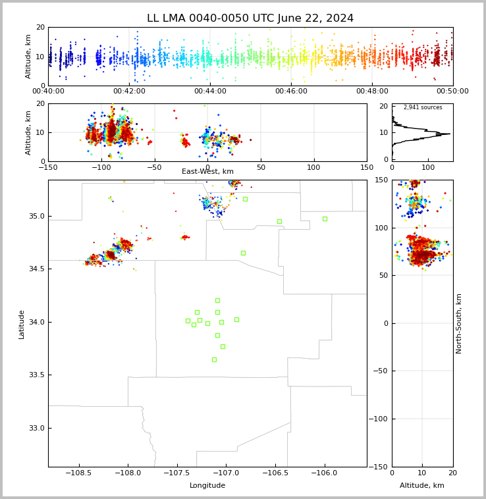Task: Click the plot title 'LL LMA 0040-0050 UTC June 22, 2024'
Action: click(x=250, y=18)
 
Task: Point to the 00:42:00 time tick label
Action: click(x=129, y=91)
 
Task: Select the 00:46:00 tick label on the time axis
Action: click(x=291, y=91)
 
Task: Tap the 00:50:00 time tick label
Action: click(x=452, y=91)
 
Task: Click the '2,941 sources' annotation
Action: click(x=423, y=107)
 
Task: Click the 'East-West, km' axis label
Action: click(x=207, y=171)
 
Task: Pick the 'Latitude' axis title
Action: click(x=21, y=325)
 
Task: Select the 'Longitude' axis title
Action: click(x=207, y=485)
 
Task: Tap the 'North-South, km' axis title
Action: click(x=458, y=323)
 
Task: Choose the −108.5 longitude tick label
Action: click(x=78, y=473)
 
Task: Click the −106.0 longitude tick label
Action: click(x=324, y=473)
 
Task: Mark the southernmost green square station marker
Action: click(x=214, y=359)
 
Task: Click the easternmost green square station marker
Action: click(x=325, y=219)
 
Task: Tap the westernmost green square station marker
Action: click(x=188, y=321)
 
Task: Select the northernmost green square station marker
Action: click(x=246, y=199)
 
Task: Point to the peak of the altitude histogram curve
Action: click(x=450, y=134)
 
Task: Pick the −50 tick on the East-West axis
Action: click(x=154, y=167)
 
